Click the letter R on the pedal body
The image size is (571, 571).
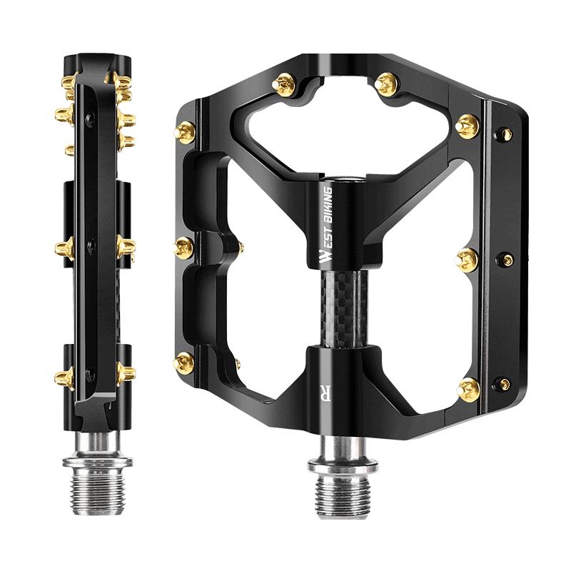325,392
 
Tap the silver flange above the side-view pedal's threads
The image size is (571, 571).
97,461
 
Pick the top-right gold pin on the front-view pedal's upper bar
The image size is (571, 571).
386,84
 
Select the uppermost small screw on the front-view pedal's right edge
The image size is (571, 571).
505,134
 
